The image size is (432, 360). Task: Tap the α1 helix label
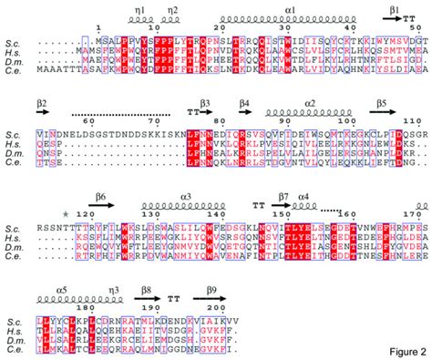point(289,7)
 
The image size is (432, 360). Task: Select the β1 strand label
point(396,7)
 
